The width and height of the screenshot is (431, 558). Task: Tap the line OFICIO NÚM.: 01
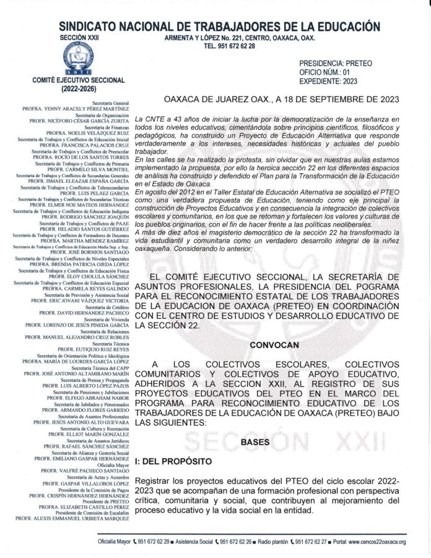point(329,72)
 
